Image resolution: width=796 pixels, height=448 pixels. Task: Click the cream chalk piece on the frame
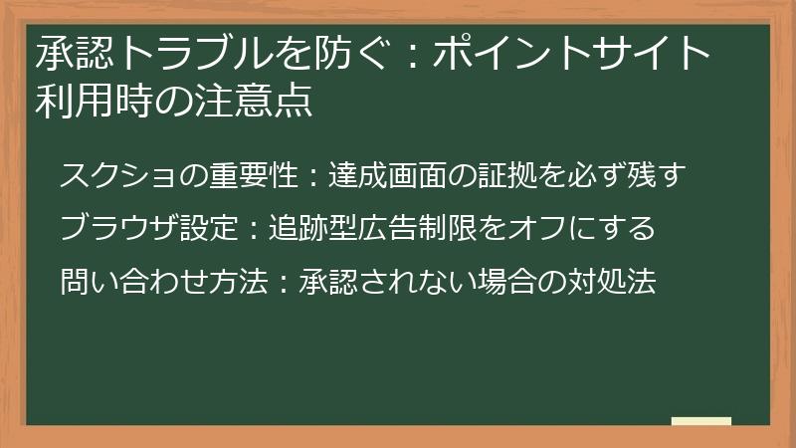click(700, 421)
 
